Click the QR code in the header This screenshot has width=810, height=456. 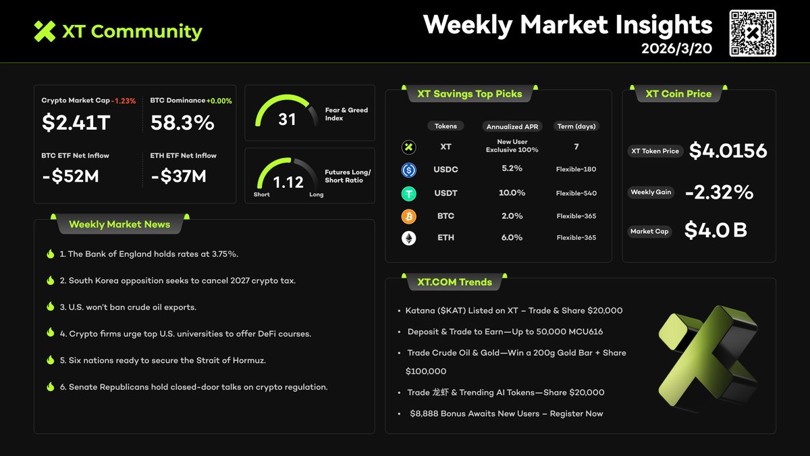click(x=753, y=33)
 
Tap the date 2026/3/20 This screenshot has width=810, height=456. click(x=676, y=49)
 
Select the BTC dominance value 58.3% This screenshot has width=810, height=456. click(x=182, y=123)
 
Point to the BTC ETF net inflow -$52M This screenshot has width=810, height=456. click(x=70, y=176)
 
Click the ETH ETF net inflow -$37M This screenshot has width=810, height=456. click(x=178, y=176)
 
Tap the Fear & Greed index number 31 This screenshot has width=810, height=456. click(x=287, y=120)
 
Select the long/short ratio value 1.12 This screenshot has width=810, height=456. click(x=288, y=182)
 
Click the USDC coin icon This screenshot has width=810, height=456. click(x=408, y=170)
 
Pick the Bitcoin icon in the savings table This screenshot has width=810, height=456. click(x=408, y=216)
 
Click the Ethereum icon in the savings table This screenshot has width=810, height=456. click(x=408, y=238)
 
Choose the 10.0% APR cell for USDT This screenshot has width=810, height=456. click(x=512, y=193)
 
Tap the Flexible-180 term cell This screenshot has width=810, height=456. click(x=576, y=170)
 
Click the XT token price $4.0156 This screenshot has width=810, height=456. click(x=728, y=151)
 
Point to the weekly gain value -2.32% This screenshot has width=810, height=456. click(x=718, y=193)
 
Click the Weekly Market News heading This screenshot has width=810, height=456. click(x=119, y=224)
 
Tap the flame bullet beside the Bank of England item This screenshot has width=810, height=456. click(x=50, y=254)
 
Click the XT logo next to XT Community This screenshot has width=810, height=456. click(x=45, y=31)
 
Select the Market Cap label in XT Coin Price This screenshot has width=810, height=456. click(x=649, y=232)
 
